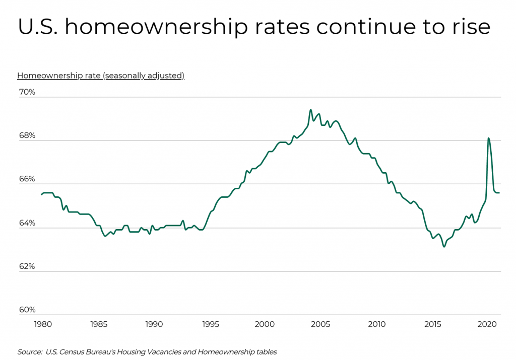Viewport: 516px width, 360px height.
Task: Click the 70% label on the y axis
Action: (27, 92)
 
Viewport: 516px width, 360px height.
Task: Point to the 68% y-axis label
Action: (27, 136)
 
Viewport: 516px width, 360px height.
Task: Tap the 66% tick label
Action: (27, 179)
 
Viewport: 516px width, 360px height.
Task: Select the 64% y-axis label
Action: (27, 223)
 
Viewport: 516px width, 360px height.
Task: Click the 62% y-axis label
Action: (27, 266)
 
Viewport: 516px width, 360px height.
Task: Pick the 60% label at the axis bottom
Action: (27, 310)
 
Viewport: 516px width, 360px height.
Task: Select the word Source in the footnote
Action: (29, 352)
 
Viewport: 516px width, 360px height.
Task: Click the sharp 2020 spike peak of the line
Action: (488, 138)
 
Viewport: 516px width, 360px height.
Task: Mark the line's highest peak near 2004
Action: (310, 110)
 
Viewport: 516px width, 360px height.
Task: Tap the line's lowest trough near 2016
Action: (444, 246)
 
